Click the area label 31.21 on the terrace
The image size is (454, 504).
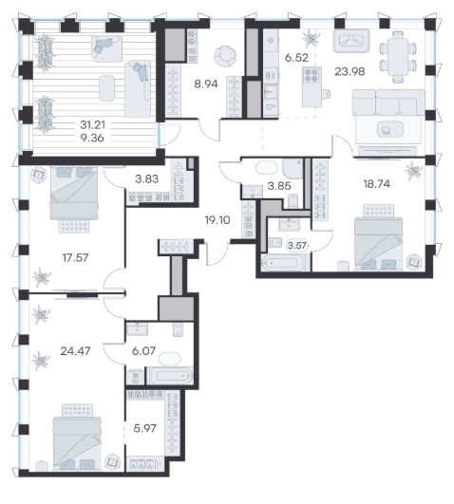click(x=92, y=124)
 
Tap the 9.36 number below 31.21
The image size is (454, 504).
click(x=92, y=138)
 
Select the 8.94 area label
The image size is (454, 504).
click(x=206, y=84)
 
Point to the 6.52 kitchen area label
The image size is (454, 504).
click(x=296, y=58)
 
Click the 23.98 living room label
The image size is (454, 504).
click(x=350, y=71)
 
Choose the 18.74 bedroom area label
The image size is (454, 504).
click(x=376, y=184)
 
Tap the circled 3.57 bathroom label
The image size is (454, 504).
click(x=297, y=246)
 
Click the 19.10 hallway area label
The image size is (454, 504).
click(x=218, y=220)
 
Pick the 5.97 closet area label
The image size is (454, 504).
click(x=144, y=428)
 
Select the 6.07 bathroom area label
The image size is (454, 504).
click(x=143, y=350)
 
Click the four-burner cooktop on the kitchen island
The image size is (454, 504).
click(x=312, y=75)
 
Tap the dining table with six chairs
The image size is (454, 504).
click(x=398, y=57)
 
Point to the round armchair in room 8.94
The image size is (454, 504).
click(x=225, y=56)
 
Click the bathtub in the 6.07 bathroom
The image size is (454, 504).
click(x=170, y=376)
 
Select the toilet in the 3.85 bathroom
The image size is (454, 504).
click(x=293, y=201)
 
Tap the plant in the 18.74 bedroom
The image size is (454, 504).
click(x=413, y=170)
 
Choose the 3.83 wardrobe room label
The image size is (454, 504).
click(x=146, y=179)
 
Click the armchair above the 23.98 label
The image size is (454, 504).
click(x=351, y=41)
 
